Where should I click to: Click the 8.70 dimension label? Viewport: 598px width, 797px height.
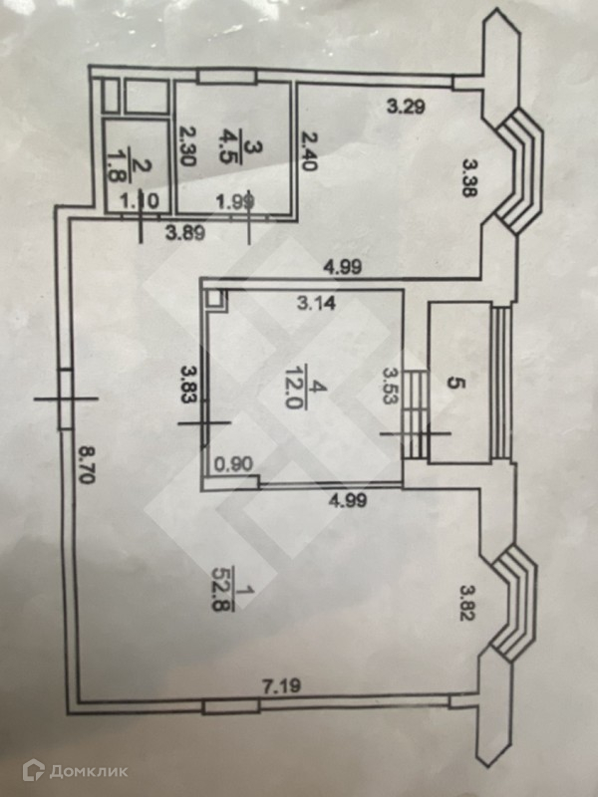[88, 463]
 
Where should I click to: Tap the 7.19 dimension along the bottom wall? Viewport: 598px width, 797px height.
[281, 686]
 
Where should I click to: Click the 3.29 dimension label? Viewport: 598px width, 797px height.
[406, 107]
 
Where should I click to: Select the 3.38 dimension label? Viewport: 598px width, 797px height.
[469, 178]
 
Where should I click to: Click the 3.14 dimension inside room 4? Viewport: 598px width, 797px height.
[317, 304]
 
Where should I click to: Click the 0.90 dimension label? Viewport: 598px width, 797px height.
[233, 464]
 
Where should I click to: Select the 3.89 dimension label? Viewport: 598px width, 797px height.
[185, 233]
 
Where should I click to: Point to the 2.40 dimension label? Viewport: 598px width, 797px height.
[308, 151]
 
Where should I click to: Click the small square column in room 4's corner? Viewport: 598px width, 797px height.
[214, 300]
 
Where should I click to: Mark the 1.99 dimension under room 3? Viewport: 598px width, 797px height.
[234, 202]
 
